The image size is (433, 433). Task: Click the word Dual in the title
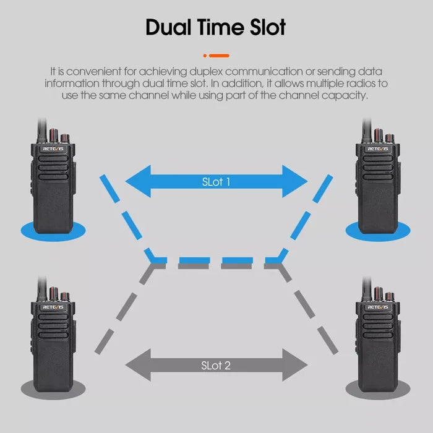pyautogui.click(x=168, y=27)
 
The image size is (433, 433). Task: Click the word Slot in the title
pyautogui.click(x=268, y=27)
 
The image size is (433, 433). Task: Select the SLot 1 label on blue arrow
pyautogui.click(x=216, y=182)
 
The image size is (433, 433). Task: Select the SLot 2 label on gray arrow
pyautogui.click(x=216, y=366)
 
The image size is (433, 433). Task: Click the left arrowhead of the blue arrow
pyautogui.click(x=138, y=181)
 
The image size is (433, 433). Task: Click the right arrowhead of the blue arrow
pyautogui.click(x=294, y=181)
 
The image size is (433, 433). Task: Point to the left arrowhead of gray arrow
pyautogui.click(x=138, y=365)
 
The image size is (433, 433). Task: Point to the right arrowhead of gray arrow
pyautogui.click(x=294, y=365)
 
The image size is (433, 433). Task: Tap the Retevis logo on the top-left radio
pyautogui.click(x=53, y=149)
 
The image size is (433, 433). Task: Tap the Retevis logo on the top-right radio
pyautogui.click(x=378, y=149)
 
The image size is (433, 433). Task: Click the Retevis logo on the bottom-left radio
pyautogui.click(x=53, y=307)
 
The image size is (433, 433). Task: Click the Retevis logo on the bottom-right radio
pyautogui.click(x=378, y=307)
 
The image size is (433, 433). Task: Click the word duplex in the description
pyautogui.click(x=206, y=72)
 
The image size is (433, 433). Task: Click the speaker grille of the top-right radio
pyautogui.click(x=378, y=168)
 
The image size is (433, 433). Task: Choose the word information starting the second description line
pyautogui.click(x=72, y=84)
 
